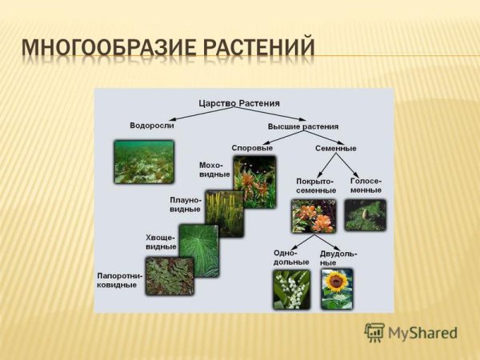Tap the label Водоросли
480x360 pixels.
152,126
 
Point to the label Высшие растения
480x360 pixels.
303,126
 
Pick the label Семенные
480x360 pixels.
336,148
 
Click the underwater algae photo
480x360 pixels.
144,162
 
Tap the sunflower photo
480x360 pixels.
337,288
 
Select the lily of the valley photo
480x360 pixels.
291,289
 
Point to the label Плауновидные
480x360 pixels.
186,204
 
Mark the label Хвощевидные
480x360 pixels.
161,242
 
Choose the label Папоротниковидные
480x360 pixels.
120,280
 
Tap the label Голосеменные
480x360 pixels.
366,186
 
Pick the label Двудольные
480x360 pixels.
334,258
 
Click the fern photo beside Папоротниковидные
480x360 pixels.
170,276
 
